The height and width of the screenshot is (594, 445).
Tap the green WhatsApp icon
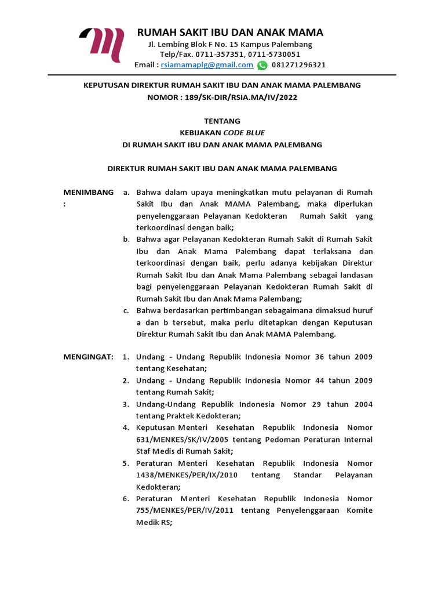[x=262, y=65]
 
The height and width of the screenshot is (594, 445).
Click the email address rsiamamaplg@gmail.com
[x=207, y=65]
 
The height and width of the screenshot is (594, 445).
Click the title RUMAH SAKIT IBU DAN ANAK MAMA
[x=229, y=32]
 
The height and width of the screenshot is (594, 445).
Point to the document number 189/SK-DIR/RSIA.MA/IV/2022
[x=246, y=97]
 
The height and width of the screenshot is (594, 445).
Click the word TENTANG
[x=222, y=121]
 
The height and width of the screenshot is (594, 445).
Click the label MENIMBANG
[x=88, y=192]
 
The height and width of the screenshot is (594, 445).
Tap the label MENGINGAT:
[x=88, y=357]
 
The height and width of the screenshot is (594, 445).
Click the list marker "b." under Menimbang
[x=126, y=239]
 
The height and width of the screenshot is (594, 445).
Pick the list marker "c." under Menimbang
[x=126, y=310]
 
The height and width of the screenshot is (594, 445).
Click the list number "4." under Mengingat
[x=125, y=428]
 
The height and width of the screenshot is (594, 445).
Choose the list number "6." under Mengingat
[x=125, y=498]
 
